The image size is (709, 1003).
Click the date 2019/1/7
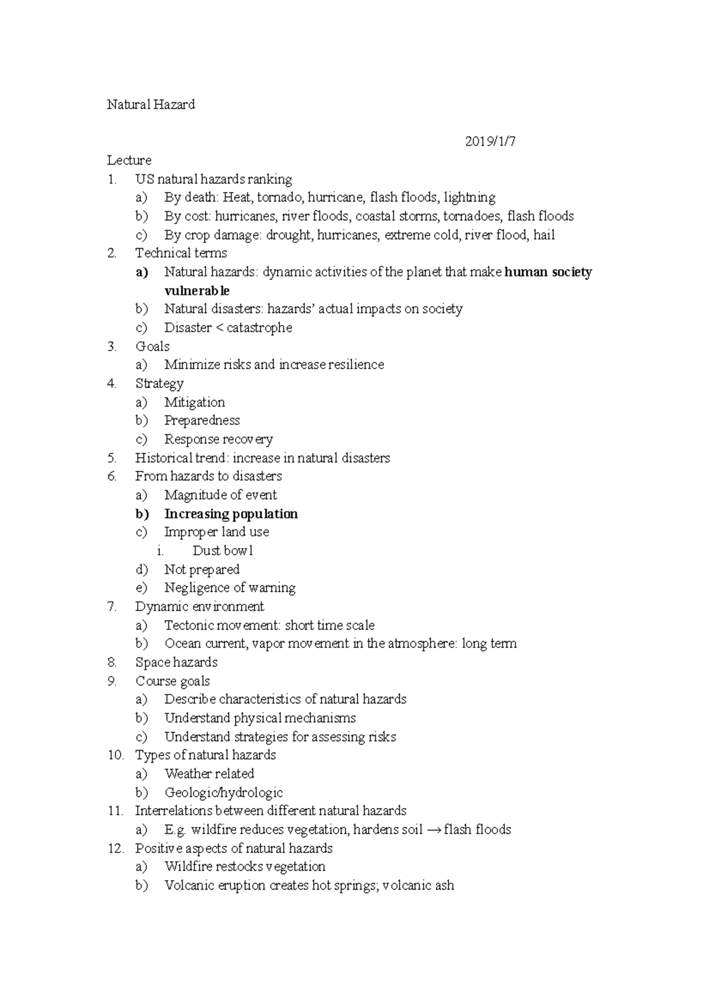(490, 142)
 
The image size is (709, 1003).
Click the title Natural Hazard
(151, 105)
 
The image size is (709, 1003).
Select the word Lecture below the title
(129, 161)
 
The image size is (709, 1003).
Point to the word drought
(290, 235)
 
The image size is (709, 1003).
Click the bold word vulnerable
(197, 291)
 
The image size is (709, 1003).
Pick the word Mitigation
(194, 402)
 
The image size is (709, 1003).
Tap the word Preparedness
(202, 421)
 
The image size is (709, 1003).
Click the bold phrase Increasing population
(231, 514)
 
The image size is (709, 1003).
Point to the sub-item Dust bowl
(223, 551)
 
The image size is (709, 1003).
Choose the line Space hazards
(176, 663)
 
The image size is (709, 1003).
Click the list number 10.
(115, 755)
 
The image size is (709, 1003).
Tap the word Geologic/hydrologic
(223, 793)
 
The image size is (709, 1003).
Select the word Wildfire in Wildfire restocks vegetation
(188, 867)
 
